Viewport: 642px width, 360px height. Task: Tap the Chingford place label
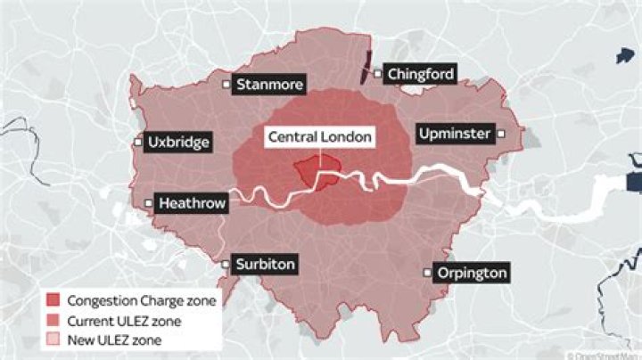(421, 74)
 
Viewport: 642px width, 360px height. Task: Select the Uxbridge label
(178, 142)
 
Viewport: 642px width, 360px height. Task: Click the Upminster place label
(454, 134)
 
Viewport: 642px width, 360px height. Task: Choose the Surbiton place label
(264, 265)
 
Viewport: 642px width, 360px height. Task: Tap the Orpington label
(472, 273)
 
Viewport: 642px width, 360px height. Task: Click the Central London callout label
(319, 137)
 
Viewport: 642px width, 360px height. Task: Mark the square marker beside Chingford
(377, 74)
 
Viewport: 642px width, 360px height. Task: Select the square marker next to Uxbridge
(139, 142)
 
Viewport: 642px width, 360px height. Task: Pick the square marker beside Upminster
(502, 134)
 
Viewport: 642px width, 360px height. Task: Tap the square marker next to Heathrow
(149, 203)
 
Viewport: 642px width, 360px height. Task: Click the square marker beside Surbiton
(226, 265)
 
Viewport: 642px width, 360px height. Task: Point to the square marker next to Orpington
(428, 273)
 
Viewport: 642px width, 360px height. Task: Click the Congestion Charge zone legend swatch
(53, 301)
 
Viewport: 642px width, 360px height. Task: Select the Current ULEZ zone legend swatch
(53, 321)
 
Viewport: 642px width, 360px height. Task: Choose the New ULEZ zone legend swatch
(53, 340)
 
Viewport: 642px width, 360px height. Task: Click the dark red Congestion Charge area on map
(317, 172)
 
